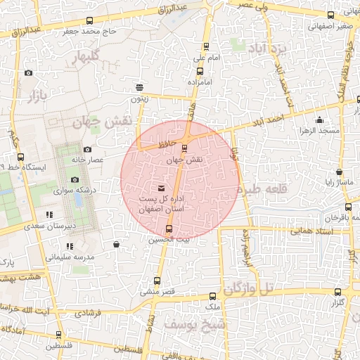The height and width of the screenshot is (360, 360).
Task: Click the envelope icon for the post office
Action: point(162,188)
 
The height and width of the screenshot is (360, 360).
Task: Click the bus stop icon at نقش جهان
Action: point(185,148)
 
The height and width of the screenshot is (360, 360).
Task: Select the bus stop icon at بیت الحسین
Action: point(168,229)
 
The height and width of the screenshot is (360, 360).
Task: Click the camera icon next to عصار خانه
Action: point(87,149)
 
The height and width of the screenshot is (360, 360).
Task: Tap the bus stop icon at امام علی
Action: point(200,71)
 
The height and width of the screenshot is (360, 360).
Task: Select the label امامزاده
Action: point(200,83)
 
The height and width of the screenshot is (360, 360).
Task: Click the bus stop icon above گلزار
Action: point(338,292)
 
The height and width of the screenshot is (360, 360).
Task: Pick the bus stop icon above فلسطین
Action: point(58,335)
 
